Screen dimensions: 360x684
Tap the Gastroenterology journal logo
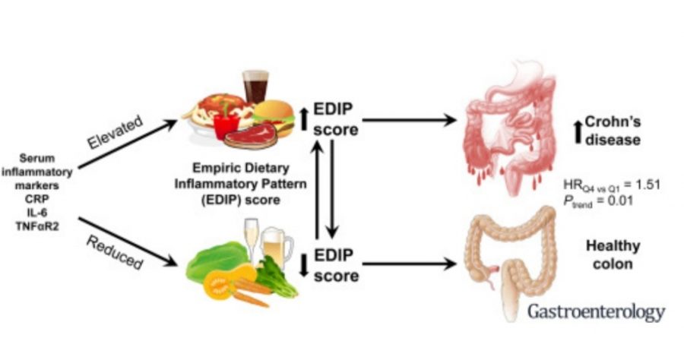pyautogui.click(x=597, y=311)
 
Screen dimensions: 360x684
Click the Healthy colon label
pyautogui.click(x=613, y=257)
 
